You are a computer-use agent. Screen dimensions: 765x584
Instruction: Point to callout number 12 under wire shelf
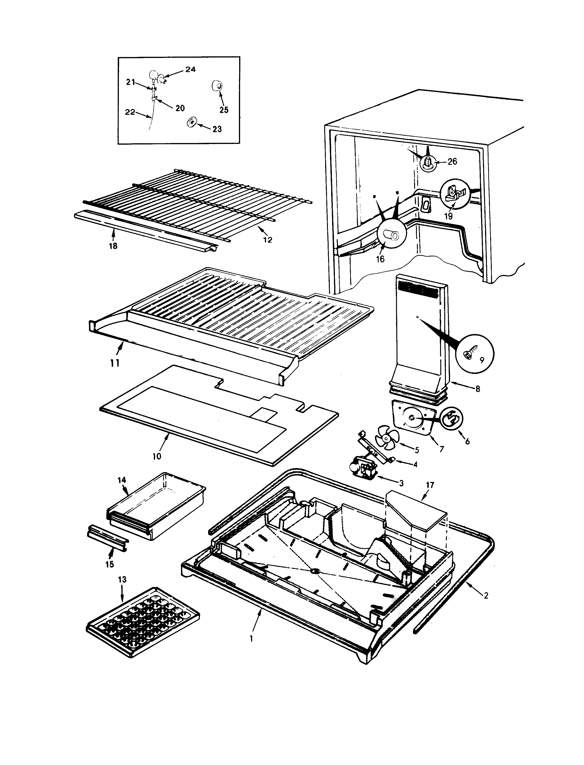pyautogui.click(x=267, y=240)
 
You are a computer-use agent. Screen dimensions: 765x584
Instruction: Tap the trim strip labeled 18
pyautogui.click(x=146, y=229)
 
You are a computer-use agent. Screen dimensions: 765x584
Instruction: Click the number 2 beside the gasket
pyautogui.click(x=486, y=596)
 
